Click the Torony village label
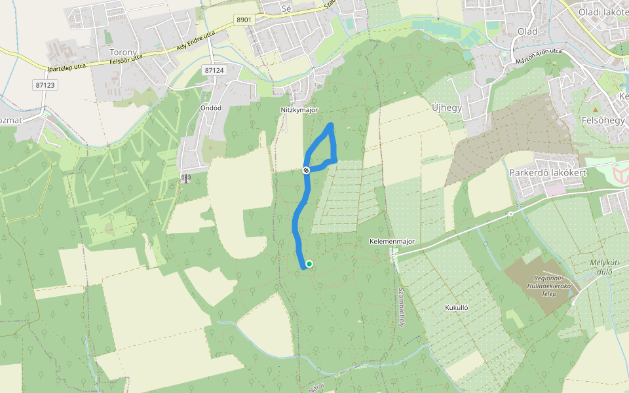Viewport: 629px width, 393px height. pyautogui.click(x=123, y=52)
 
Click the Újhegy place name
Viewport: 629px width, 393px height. pyautogui.click(x=447, y=107)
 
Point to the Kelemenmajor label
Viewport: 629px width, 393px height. pyautogui.click(x=392, y=242)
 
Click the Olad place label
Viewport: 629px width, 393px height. pyautogui.click(x=527, y=31)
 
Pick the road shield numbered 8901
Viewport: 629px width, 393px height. pyautogui.click(x=244, y=20)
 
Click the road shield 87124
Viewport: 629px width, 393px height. pyautogui.click(x=214, y=70)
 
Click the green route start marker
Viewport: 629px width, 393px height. pyautogui.click(x=309, y=264)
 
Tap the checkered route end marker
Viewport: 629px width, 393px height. pyautogui.click(x=306, y=170)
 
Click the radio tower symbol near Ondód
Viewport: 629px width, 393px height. pyautogui.click(x=186, y=178)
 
